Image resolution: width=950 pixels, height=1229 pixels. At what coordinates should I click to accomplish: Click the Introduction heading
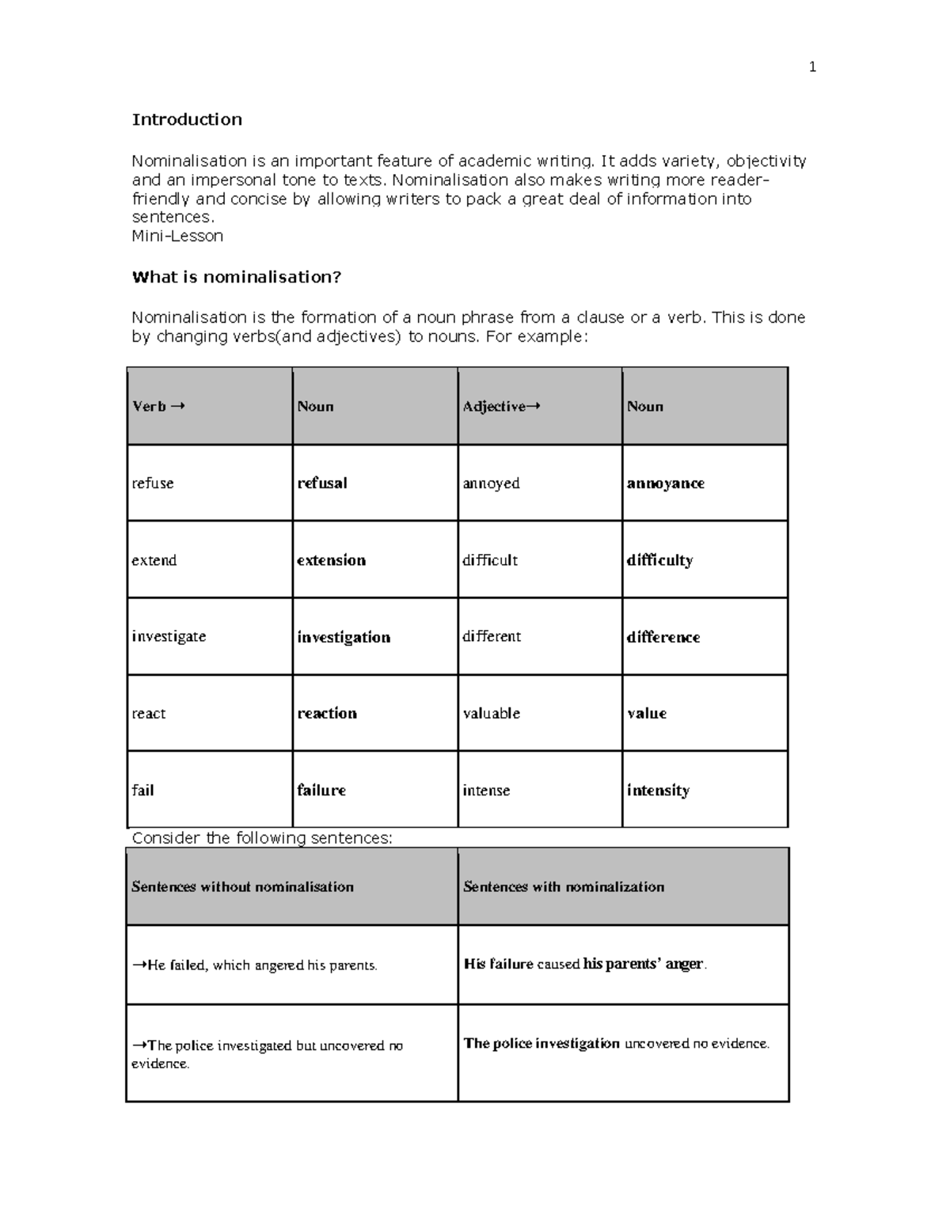point(187,119)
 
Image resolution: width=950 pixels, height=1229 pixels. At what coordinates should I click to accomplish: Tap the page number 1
point(812,67)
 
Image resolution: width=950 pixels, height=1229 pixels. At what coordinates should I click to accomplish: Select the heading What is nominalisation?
point(236,277)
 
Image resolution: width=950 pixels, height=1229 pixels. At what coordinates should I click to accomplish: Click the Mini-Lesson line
point(177,236)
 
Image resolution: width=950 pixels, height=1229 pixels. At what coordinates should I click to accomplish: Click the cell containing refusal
point(322,483)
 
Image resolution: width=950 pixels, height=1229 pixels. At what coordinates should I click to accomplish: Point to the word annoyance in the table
point(665,483)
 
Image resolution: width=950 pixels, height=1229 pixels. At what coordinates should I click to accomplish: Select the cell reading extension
point(331,560)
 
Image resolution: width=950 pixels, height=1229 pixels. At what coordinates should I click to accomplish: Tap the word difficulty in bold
point(659,560)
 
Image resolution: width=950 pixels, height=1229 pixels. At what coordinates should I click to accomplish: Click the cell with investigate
point(169,636)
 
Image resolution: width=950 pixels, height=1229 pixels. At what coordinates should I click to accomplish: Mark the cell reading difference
point(663,637)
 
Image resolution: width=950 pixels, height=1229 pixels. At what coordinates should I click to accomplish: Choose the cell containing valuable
point(491,713)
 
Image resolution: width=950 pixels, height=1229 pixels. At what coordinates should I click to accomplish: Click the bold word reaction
point(327,713)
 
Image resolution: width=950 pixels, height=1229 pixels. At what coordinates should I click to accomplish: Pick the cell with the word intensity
point(658,790)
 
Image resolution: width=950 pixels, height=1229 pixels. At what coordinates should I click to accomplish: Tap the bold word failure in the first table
point(321,790)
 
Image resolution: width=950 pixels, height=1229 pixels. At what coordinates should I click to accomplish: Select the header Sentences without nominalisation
point(242,886)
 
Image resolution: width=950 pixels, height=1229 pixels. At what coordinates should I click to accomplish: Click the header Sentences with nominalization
point(564,886)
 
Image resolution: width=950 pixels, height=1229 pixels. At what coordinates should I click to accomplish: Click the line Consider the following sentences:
point(262,838)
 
